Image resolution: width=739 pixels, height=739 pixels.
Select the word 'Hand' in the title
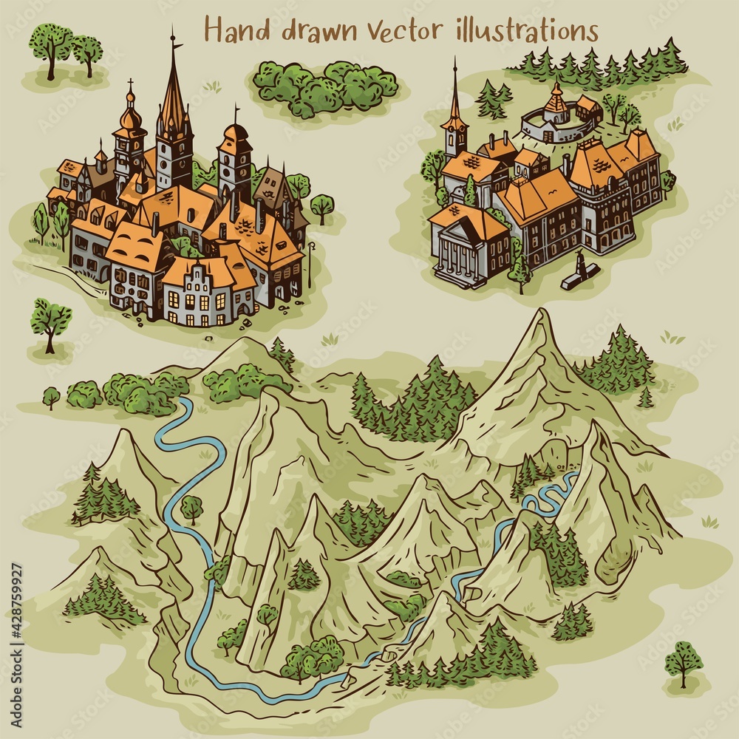pos(234,31)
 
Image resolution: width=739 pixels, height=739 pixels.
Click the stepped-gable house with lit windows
pos(197,294)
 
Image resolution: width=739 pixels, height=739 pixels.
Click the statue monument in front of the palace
pos(580,268)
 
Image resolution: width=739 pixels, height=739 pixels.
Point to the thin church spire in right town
pos(454,96)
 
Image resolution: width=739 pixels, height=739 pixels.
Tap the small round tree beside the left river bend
pos(191,508)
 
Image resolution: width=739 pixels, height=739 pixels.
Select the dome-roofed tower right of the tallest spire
pos(235,159)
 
